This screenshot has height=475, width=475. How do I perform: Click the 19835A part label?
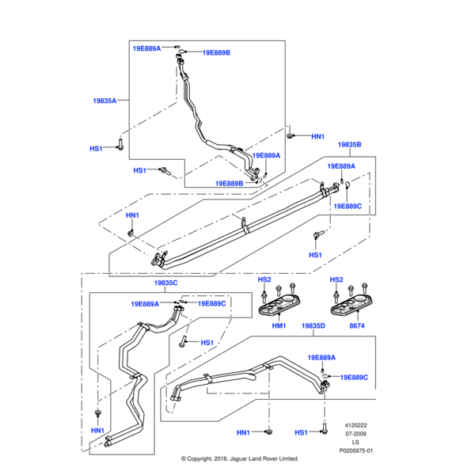click(x=104, y=101)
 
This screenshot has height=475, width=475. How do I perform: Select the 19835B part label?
click(x=349, y=145)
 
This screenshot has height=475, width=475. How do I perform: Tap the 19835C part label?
click(x=165, y=283)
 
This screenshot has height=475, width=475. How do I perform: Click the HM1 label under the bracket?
click(x=279, y=325)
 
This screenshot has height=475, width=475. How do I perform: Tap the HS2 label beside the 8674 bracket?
click(x=336, y=280)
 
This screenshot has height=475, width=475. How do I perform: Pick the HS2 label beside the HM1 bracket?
click(x=264, y=280)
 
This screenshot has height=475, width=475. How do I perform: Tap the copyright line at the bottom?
click(x=239, y=458)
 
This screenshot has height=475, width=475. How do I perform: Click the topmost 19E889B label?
click(x=216, y=53)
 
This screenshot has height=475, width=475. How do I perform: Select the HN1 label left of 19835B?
click(x=132, y=215)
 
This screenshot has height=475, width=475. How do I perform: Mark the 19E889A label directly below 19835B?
click(x=342, y=167)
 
